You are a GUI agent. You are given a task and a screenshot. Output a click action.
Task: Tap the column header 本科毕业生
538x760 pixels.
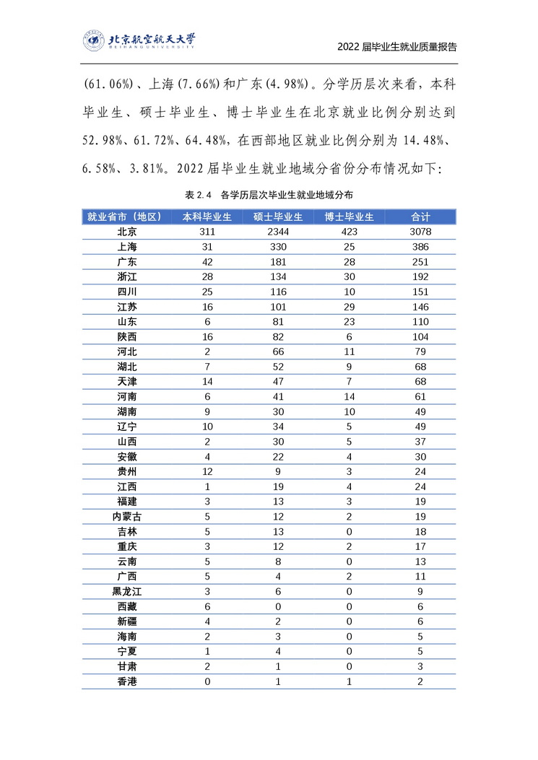[x=207, y=217]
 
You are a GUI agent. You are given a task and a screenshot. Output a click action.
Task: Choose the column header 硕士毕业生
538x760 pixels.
[x=278, y=217]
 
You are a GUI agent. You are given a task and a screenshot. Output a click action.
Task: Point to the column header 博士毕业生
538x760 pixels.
[x=349, y=217]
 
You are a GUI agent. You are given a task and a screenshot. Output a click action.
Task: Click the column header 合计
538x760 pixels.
[x=420, y=217]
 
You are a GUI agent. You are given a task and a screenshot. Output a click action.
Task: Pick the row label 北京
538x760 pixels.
[x=127, y=232]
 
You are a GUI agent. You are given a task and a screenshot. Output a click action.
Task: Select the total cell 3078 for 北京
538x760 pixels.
[x=420, y=232]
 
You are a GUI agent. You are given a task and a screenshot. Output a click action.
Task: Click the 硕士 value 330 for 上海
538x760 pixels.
[x=278, y=247]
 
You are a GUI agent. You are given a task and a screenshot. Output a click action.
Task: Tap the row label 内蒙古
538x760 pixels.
[x=127, y=517]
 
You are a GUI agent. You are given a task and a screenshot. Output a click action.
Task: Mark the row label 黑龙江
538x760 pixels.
[x=127, y=592]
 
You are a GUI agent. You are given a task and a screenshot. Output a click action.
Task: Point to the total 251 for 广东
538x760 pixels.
[x=420, y=262]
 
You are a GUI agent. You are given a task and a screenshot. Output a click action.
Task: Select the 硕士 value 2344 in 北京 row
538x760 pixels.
[x=278, y=232]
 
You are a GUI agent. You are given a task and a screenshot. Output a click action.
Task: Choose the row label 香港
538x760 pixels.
[x=127, y=682]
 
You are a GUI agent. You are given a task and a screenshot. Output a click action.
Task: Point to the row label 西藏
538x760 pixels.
[x=127, y=607]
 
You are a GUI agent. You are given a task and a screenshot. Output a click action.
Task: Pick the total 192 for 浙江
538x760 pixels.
[x=420, y=277]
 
